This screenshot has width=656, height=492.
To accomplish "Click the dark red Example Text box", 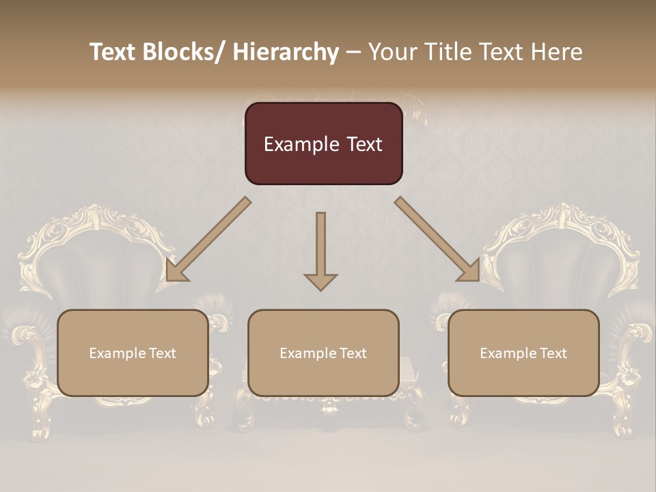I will click(323, 143).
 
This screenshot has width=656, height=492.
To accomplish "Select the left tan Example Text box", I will click(133, 353).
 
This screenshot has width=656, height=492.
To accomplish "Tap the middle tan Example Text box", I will click(323, 353).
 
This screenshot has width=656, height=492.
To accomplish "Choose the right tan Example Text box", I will click(523, 353).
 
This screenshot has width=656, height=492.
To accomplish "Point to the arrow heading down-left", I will click(208, 239).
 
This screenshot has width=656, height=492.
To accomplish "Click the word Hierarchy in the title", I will click(286, 52).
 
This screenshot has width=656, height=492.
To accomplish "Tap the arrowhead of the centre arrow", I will click(320, 282).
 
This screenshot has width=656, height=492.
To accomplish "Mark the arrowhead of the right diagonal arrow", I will click(469, 271).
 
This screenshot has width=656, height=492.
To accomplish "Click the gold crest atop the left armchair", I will click(90, 217).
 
